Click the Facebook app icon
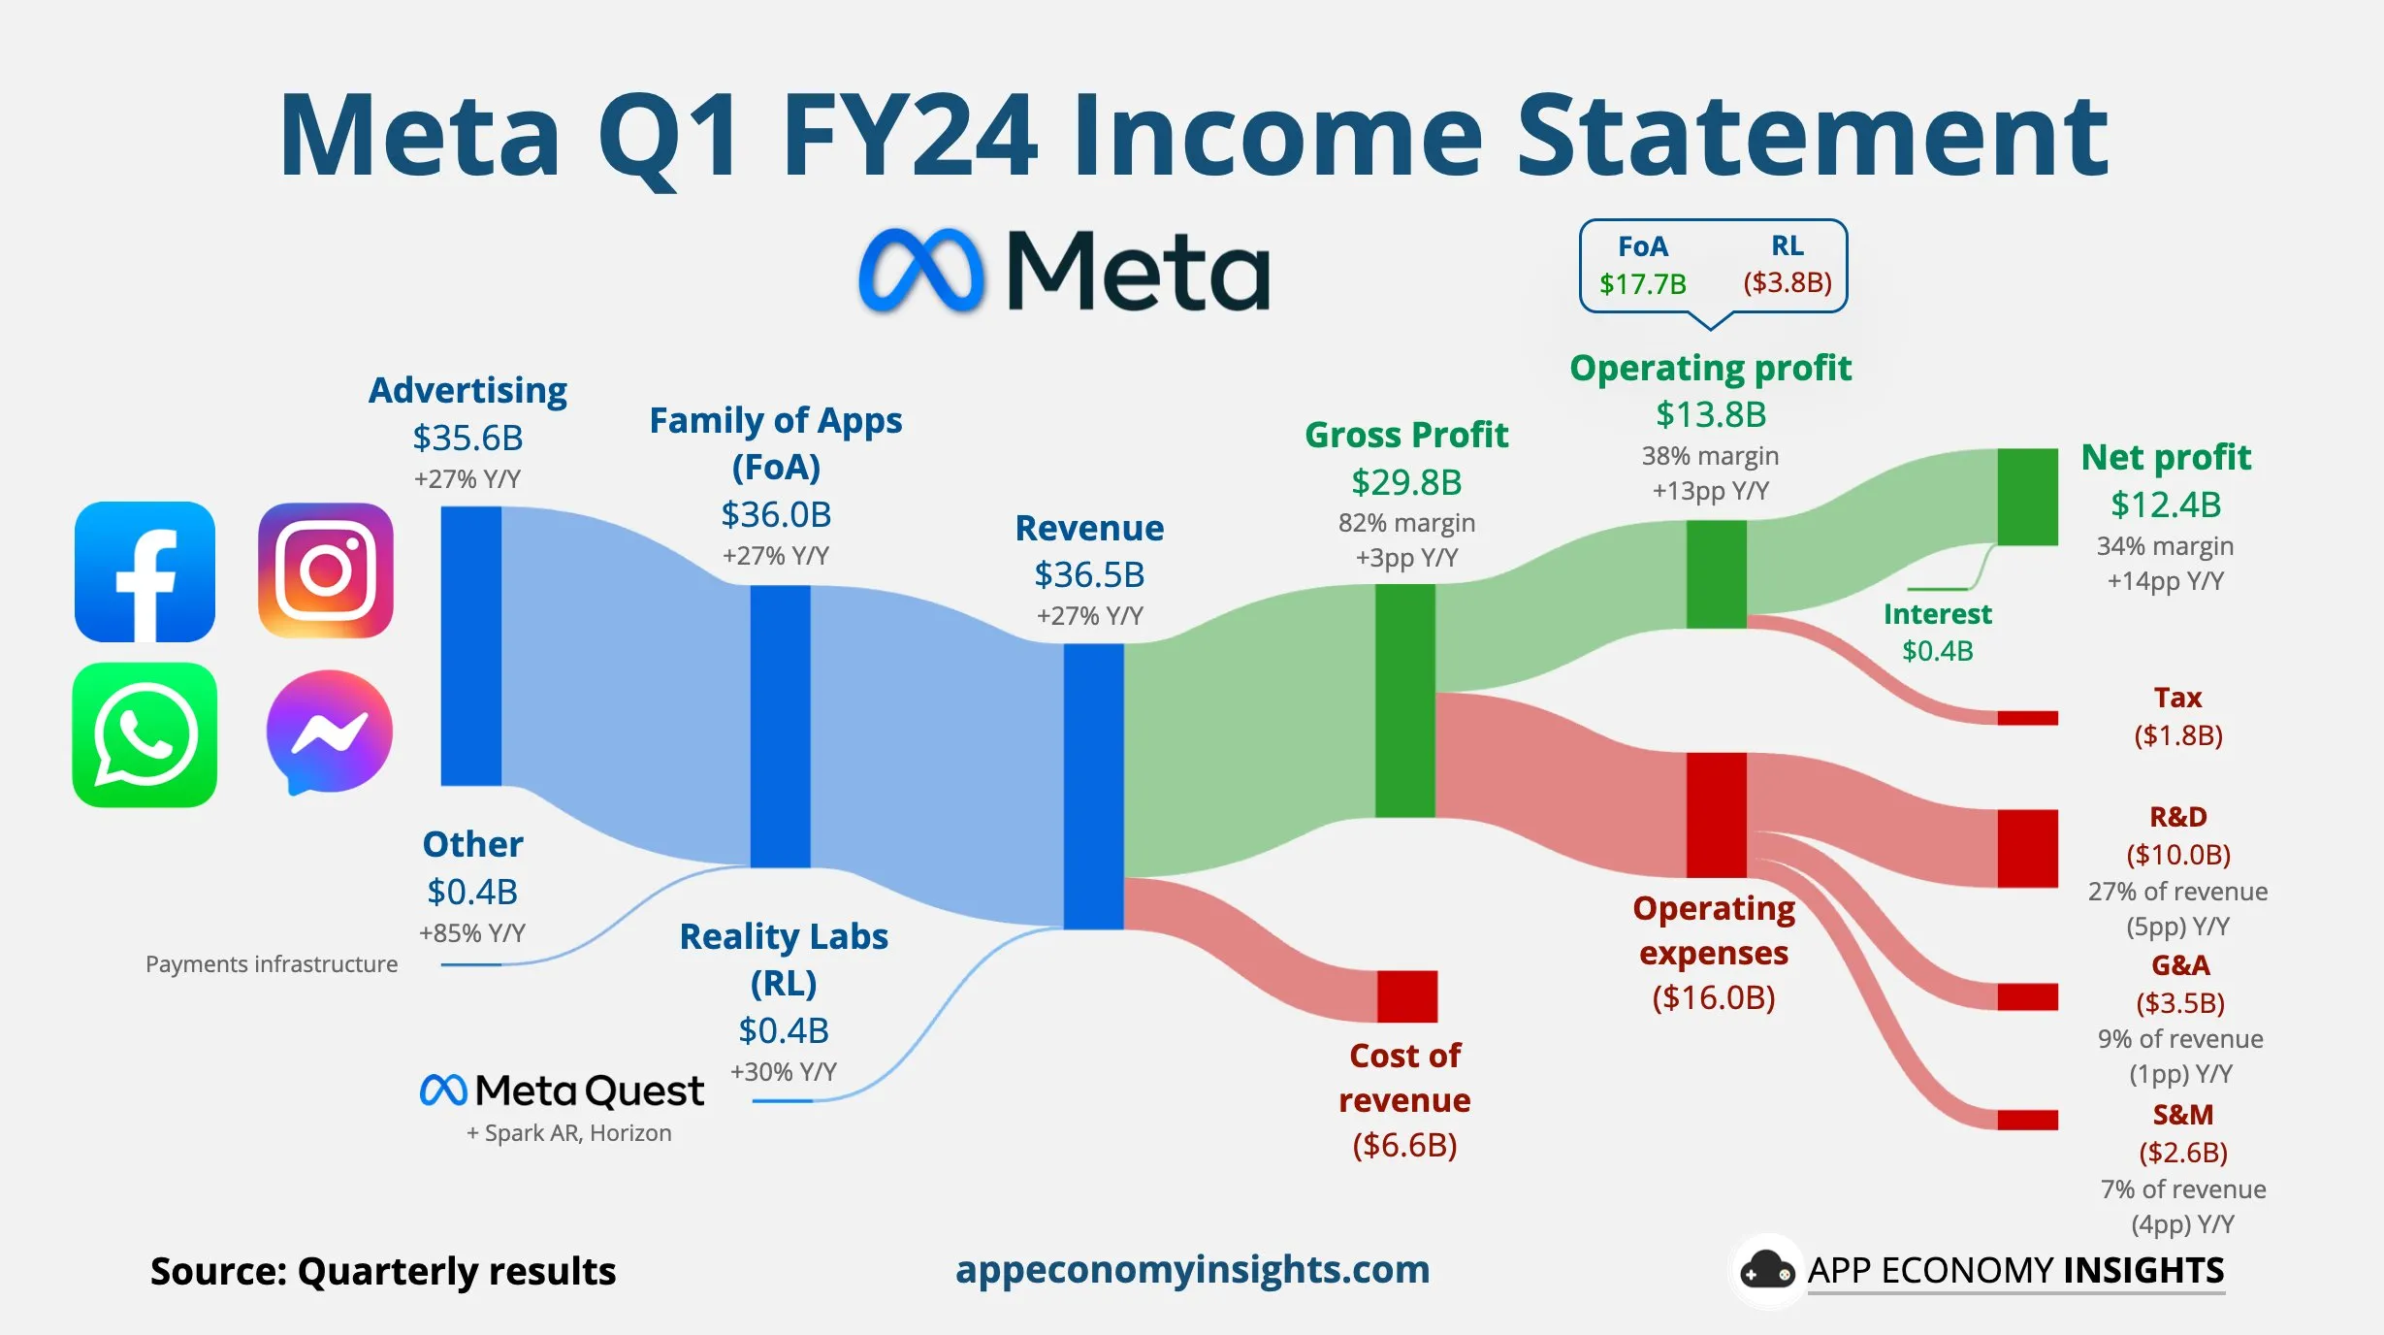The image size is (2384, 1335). coord(145,571)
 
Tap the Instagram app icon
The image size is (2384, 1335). coord(326,570)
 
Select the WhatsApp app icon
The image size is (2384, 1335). coord(145,734)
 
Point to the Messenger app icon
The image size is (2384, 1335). coord(329,732)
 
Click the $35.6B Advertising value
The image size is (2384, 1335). coord(467,438)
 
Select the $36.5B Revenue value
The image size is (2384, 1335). coord(1089,574)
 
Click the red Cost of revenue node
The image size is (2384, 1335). coord(1406,995)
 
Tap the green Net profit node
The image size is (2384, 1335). coord(2027,496)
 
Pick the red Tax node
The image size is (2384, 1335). coord(2027,718)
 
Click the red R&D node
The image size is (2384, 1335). coord(2027,848)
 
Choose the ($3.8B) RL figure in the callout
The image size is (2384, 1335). coord(1788,282)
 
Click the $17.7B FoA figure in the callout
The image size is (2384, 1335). coord(1643,283)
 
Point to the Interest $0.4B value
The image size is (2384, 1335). coord(1937,650)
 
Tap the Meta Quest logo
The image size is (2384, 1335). coord(562,1091)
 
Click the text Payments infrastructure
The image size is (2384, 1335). coord(272,963)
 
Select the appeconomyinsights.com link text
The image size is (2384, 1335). coord(1192,1269)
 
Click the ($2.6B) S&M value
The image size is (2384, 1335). coord(2183,1152)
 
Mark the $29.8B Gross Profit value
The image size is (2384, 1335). coord(1406,482)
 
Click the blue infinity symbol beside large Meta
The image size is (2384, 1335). coord(920,271)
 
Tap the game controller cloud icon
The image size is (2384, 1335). coord(1767,1270)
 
